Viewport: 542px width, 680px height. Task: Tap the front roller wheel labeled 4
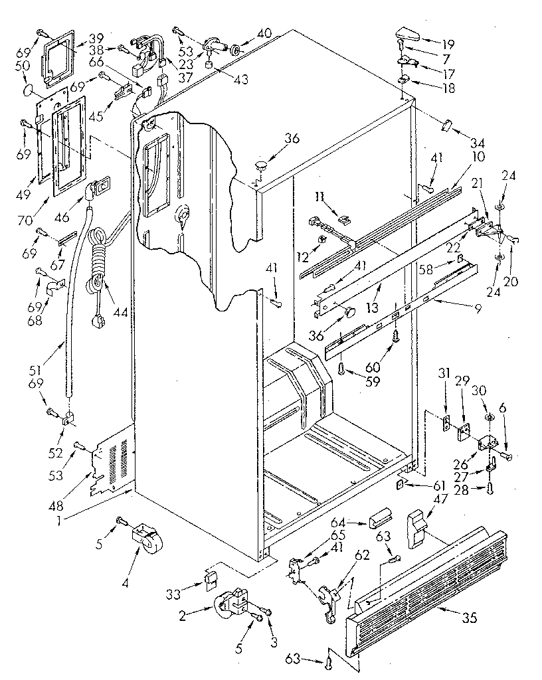coord(147,536)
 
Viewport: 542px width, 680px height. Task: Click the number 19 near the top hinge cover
coord(449,45)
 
